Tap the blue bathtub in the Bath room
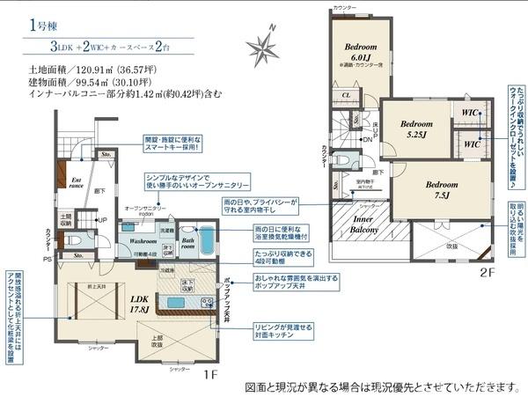pos(204,241)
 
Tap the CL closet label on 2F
pos(347,95)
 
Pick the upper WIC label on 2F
pos(468,113)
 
